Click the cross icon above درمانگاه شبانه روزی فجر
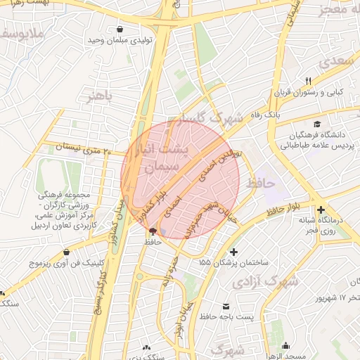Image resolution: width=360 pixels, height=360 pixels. pos(321,210)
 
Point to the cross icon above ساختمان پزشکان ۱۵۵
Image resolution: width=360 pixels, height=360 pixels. pos(233,252)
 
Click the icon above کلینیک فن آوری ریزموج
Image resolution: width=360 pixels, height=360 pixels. pos(66,252)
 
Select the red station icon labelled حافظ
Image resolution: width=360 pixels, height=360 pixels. pos(153,231)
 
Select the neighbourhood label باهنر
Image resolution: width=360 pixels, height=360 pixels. pos(99,96)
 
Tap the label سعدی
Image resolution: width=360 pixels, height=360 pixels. pos(333,62)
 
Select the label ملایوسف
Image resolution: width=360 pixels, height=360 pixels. pos(15,34)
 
